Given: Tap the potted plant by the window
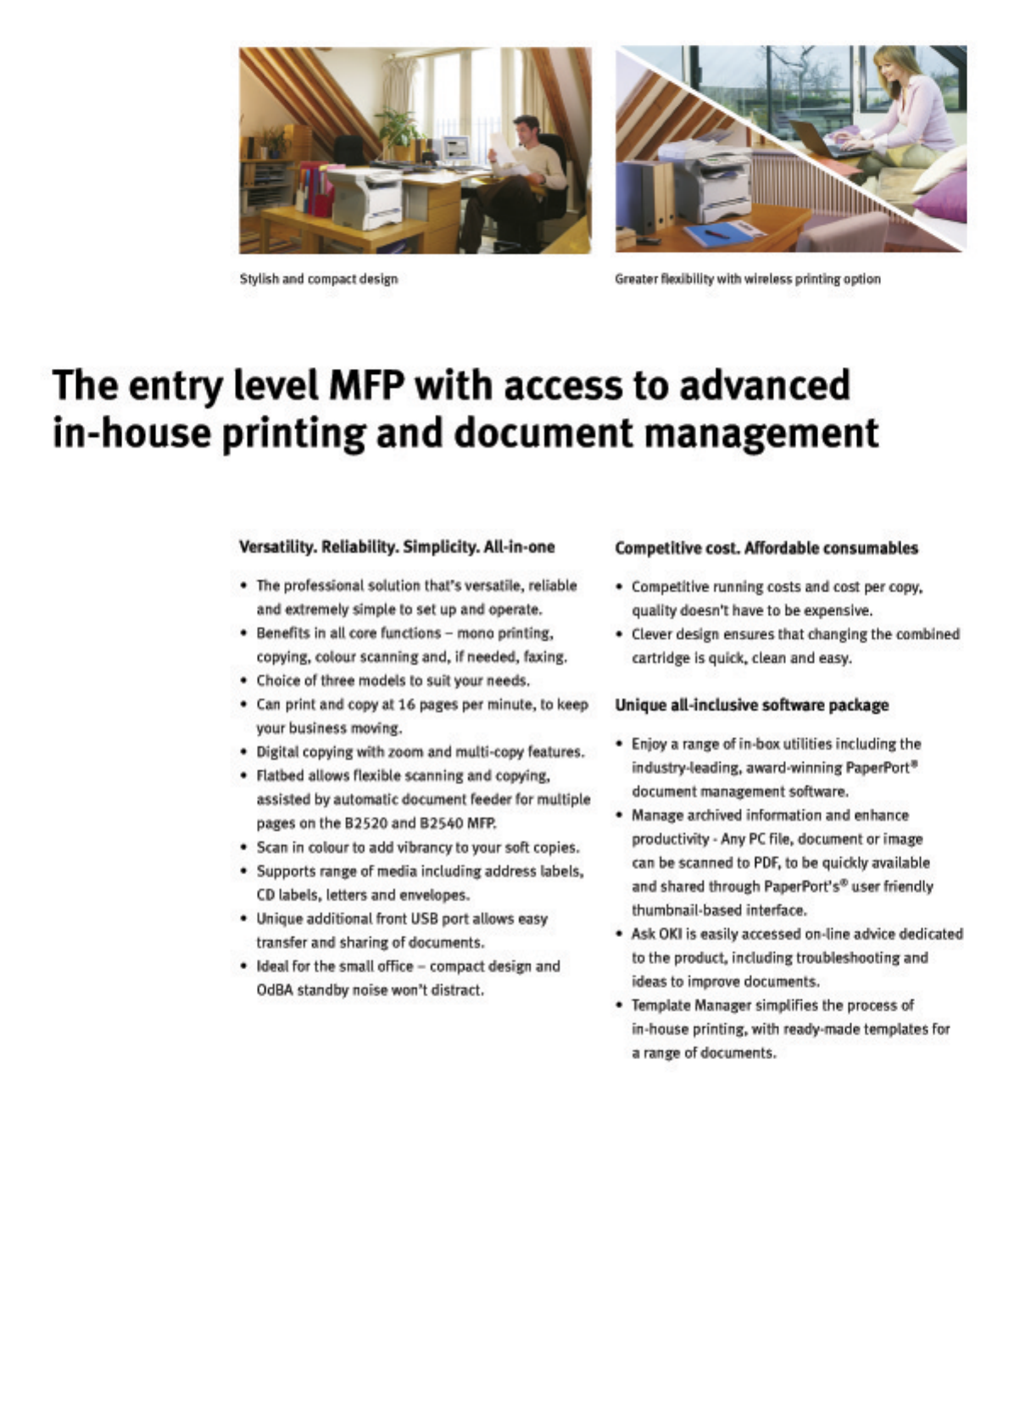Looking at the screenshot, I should pyautogui.click(x=398, y=127).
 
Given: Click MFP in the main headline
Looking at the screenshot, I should pyautogui.click(x=367, y=386).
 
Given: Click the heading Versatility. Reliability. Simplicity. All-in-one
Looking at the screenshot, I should pyautogui.click(x=397, y=547).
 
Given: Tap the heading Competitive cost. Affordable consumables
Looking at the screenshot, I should pyautogui.click(x=766, y=548).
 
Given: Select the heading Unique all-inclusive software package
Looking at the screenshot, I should pyautogui.click(x=751, y=705).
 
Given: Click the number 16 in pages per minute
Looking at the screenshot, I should pyautogui.click(x=407, y=705).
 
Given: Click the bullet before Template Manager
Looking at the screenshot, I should pyautogui.click(x=619, y=1006).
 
